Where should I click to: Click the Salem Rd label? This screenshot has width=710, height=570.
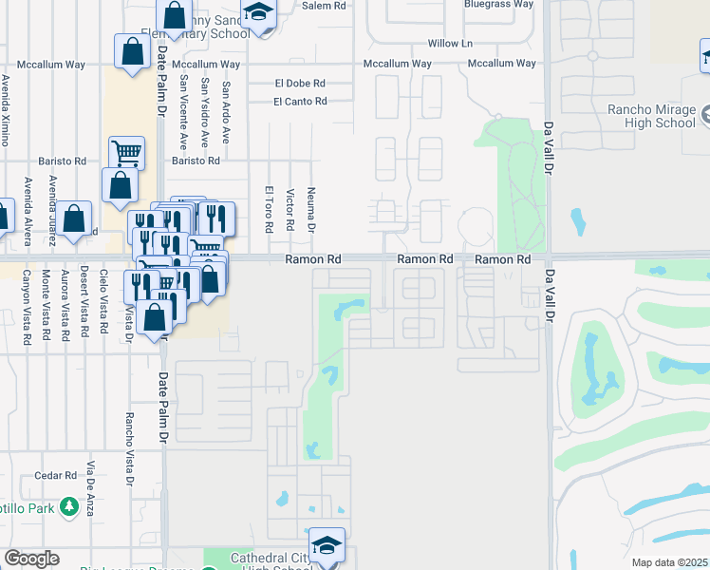pos(325,6)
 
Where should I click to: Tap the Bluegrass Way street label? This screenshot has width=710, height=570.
pos(498,5)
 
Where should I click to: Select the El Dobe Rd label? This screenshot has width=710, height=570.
pos(300,83)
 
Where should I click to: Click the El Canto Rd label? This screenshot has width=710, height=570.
pos(300,102)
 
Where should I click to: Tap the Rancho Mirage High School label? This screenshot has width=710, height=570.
pos(651,115)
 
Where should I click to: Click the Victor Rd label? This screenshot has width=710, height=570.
pos(290,208)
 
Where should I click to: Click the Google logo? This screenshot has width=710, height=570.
pos(31,559)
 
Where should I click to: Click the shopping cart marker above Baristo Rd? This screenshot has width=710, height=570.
pos(126,151)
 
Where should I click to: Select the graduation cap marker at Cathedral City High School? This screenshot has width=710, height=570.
pos(327,545)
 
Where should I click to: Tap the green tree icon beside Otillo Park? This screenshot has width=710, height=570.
pos(68,507)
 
